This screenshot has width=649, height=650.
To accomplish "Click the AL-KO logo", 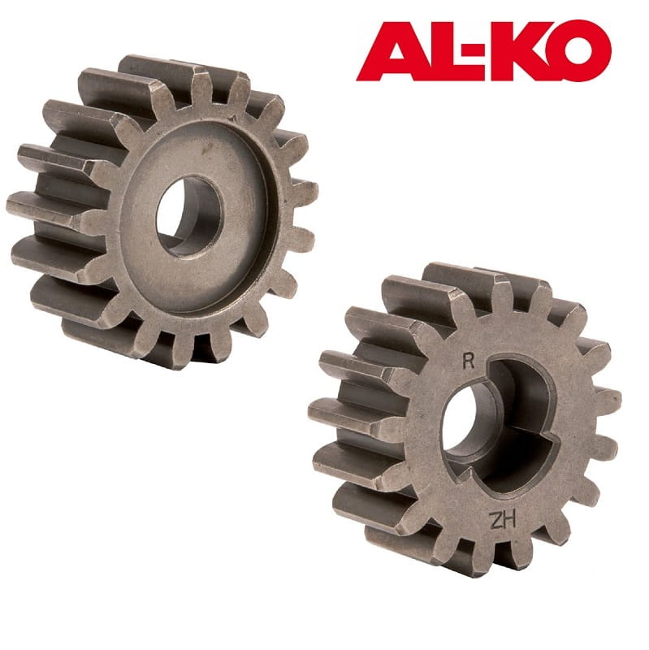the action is point(483,50).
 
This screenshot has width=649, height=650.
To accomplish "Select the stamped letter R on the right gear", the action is point(469,362).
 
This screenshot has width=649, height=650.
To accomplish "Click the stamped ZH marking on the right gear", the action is point(503,520).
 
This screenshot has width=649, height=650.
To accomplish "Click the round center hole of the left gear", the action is point(189,215).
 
